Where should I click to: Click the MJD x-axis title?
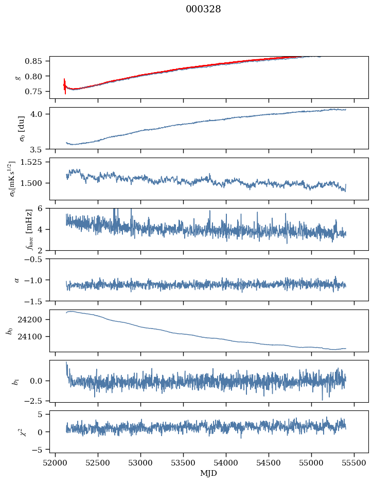[208, 473]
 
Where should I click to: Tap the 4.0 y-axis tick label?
[40, 114]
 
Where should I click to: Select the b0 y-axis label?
[9, 331]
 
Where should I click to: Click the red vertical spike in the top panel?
[65, 85]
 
